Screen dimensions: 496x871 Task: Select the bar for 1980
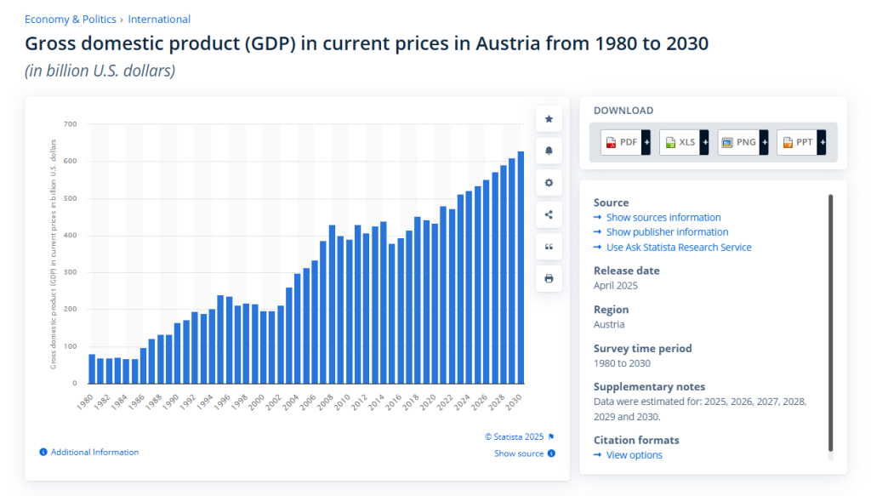coord(92,369)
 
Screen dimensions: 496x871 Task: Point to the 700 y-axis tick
coord(70,124)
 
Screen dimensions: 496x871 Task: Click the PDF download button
coord(626,142)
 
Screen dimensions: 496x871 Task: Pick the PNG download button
coord(743,142)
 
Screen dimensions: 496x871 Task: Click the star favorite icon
coord(549,119)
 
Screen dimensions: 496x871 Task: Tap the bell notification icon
coord(549,151)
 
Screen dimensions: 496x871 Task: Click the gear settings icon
coord(549,183)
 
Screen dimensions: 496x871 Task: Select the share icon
coord(549,214)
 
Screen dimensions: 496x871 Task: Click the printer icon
coord(549,278)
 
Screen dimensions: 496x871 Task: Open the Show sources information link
coord(663,218)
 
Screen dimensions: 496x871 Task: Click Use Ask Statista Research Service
coord(678,248)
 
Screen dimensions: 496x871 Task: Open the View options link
coord(634,455)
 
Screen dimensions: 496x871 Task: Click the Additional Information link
coord(94,453)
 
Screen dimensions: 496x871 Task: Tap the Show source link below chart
coord(519,453)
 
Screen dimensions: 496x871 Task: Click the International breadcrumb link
coord(159,20)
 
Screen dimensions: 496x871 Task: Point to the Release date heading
coord(626,271)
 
